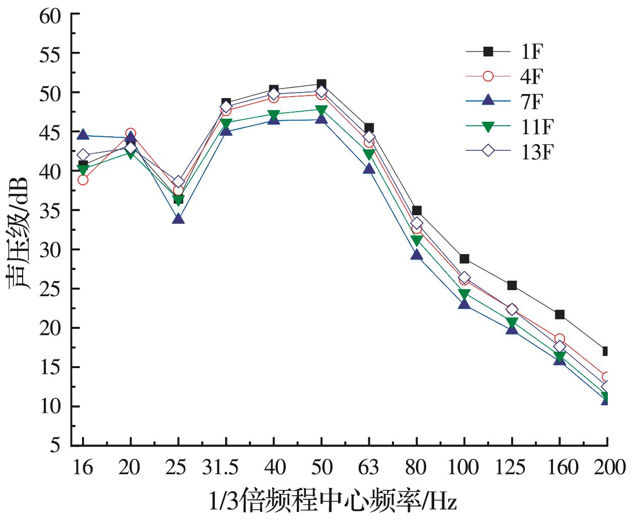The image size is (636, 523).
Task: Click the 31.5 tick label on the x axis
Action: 221,468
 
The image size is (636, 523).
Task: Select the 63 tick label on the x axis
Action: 368,468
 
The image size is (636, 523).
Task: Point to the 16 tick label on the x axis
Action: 83,468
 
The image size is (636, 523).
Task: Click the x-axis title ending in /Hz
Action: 333,502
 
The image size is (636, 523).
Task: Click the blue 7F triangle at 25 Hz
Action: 178,219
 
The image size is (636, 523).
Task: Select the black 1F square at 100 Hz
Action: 464,259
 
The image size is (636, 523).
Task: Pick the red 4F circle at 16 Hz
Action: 83,180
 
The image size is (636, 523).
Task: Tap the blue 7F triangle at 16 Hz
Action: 83,135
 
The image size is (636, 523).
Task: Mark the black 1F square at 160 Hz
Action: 559,314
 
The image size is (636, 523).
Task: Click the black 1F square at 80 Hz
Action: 417,210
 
